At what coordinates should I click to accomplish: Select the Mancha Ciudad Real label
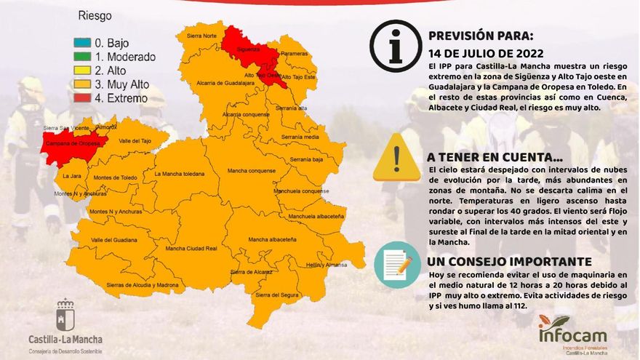(191, 248)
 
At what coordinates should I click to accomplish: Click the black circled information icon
(396, 45)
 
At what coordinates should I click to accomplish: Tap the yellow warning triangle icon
(396, 158)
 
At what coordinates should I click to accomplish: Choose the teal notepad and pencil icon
(397, 265)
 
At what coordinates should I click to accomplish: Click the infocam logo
(572, 333)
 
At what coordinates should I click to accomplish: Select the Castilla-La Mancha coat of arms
(65, 314)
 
